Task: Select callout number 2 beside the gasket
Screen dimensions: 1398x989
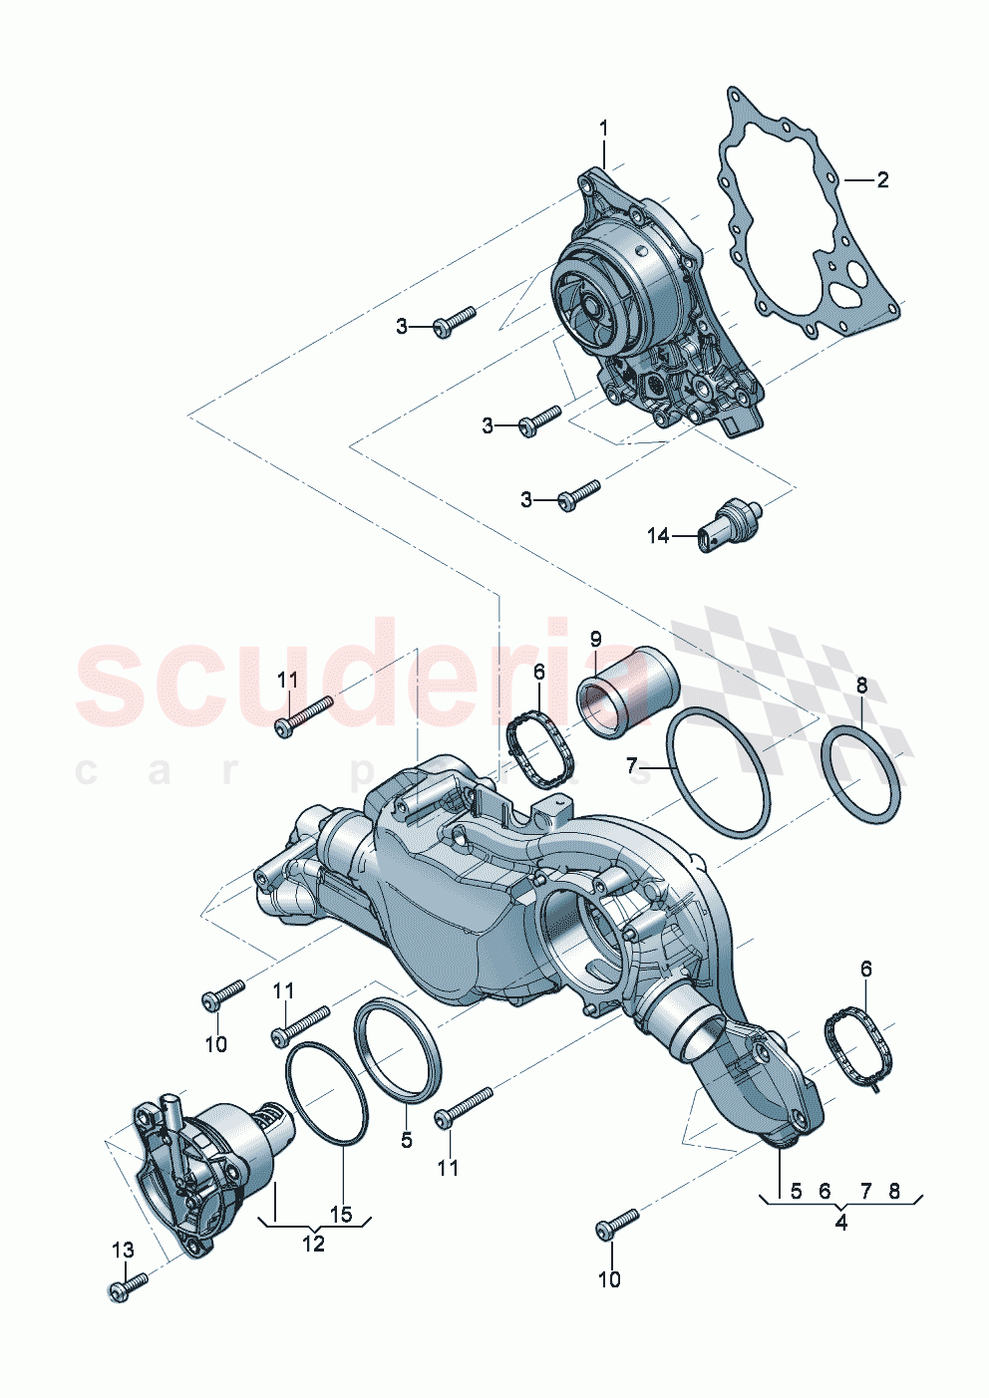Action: coord(882,180)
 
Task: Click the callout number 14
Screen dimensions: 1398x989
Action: coord(658,536)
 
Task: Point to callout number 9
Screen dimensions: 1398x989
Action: coord(595,638)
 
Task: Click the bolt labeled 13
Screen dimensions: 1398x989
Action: coord(128,1286)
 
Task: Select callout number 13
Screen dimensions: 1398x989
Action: coord(122,1250)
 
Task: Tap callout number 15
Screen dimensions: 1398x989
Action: coord(341,1216)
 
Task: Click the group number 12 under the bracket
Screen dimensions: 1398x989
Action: coord(313,1244)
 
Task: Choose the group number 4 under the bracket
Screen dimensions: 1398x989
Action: coord(840,1223)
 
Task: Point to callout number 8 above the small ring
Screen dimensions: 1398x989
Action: coord(861,685)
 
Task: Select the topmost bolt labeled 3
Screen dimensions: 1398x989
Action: coord(455,321)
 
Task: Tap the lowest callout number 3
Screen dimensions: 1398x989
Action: coord(526,499)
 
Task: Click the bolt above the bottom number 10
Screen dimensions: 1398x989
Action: coord(617,1224)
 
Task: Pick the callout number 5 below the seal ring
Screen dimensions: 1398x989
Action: coord(406,1140)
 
